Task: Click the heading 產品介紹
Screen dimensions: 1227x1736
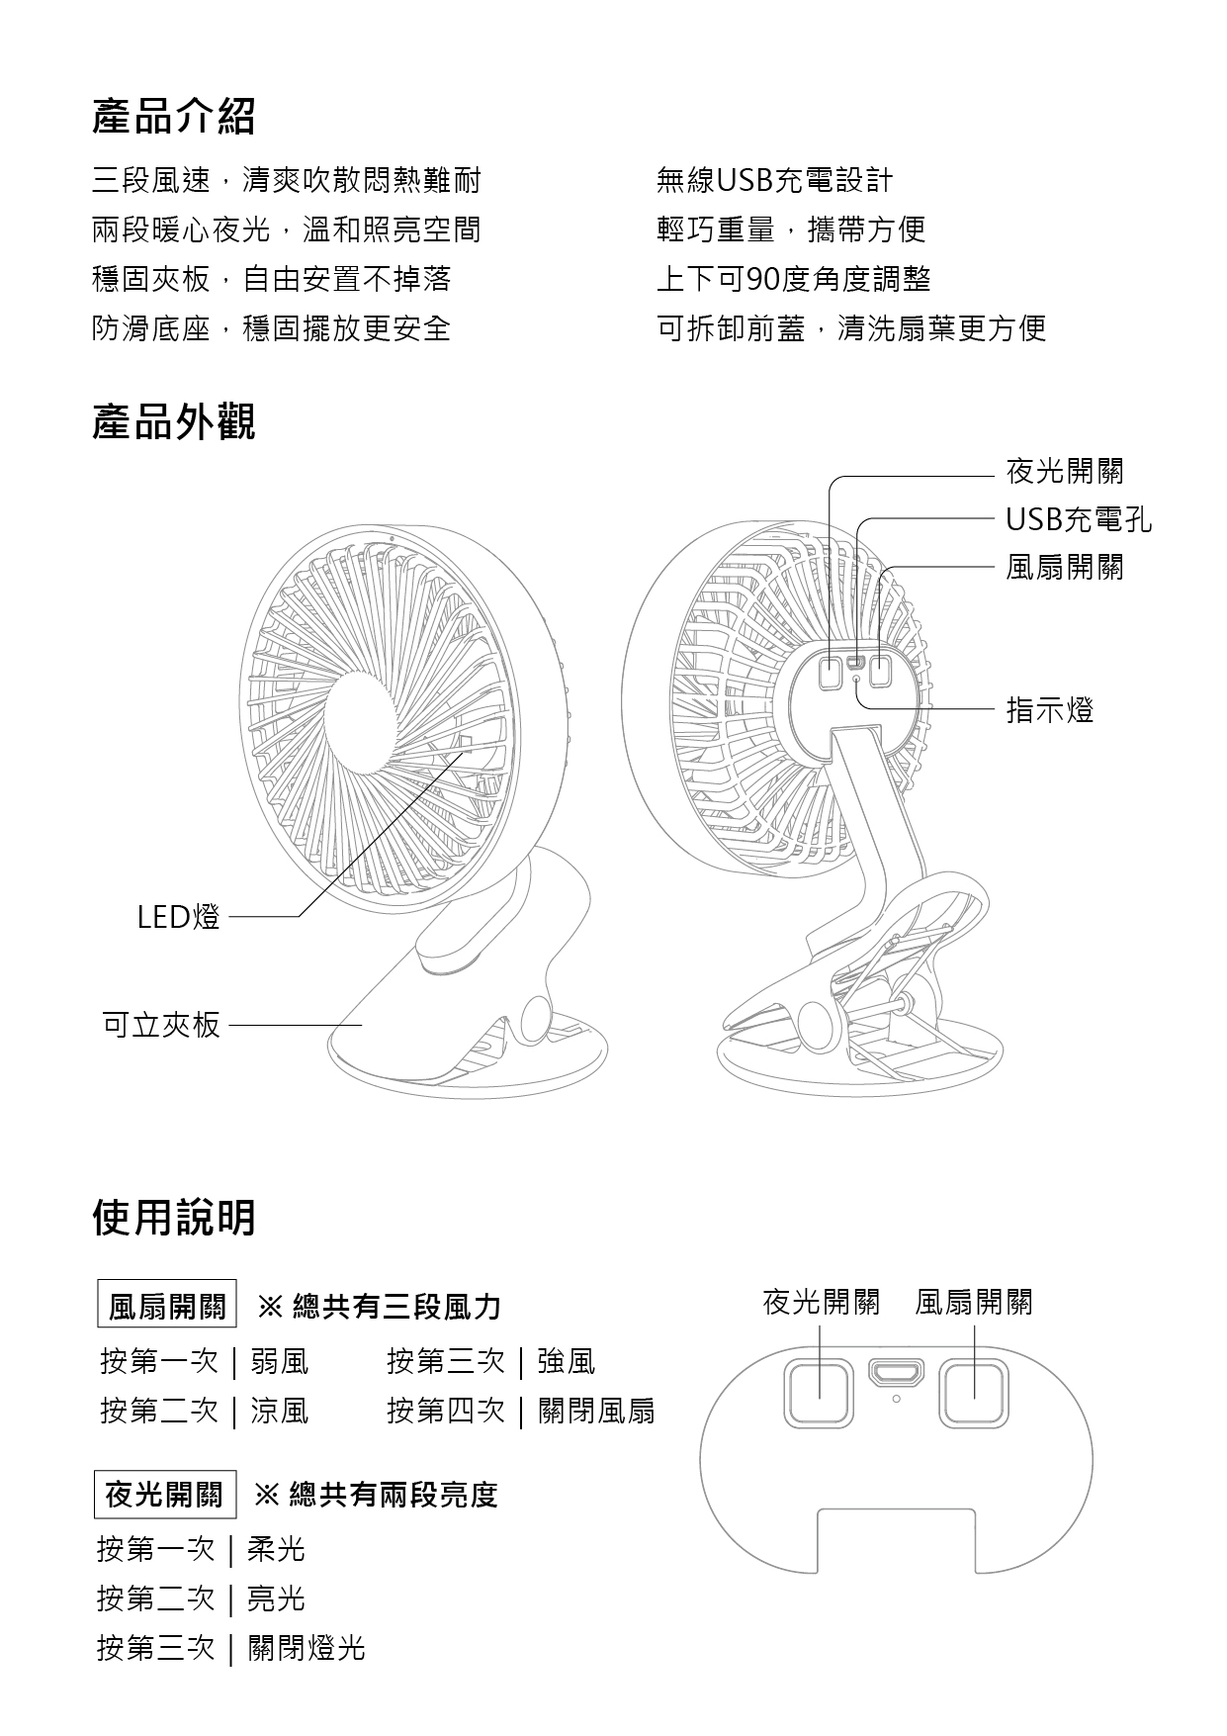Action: [174, 117]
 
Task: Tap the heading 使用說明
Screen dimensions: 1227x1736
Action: [174, 1218]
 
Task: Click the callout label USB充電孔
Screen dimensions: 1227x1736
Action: [1079, 519]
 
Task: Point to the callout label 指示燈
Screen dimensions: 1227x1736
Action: [1050, 710]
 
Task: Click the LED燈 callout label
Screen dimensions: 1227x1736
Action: [179, 918]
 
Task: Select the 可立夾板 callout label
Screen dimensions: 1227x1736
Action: [162, 1025]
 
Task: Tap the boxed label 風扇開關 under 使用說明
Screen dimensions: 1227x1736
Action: [167, 1307]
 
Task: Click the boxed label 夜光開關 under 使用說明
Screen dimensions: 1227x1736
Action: [165, 1494]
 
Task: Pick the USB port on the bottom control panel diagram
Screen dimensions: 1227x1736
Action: [896, 1373]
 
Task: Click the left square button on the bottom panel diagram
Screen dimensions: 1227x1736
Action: [819, 1393]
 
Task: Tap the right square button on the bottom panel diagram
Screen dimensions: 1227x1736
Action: [974, 1393]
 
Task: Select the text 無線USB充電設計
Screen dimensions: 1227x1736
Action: [774, 180]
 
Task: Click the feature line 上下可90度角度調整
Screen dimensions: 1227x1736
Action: [794, 279]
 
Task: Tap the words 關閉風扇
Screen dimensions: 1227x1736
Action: [596, 1411]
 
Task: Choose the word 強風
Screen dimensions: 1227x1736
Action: [567, 1362]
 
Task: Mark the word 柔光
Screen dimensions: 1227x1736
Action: [276, 1549]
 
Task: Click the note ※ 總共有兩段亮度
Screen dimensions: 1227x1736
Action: [377, 1495]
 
